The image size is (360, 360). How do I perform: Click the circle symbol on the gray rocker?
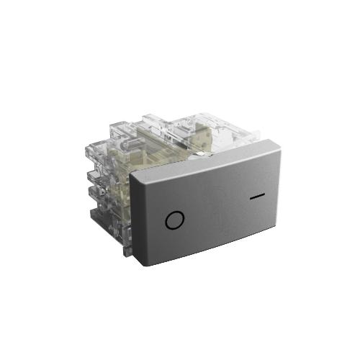pyautogui.click(x=173, y=220)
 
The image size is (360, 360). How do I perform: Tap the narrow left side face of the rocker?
pyautogui.click(x=138, y=220)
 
